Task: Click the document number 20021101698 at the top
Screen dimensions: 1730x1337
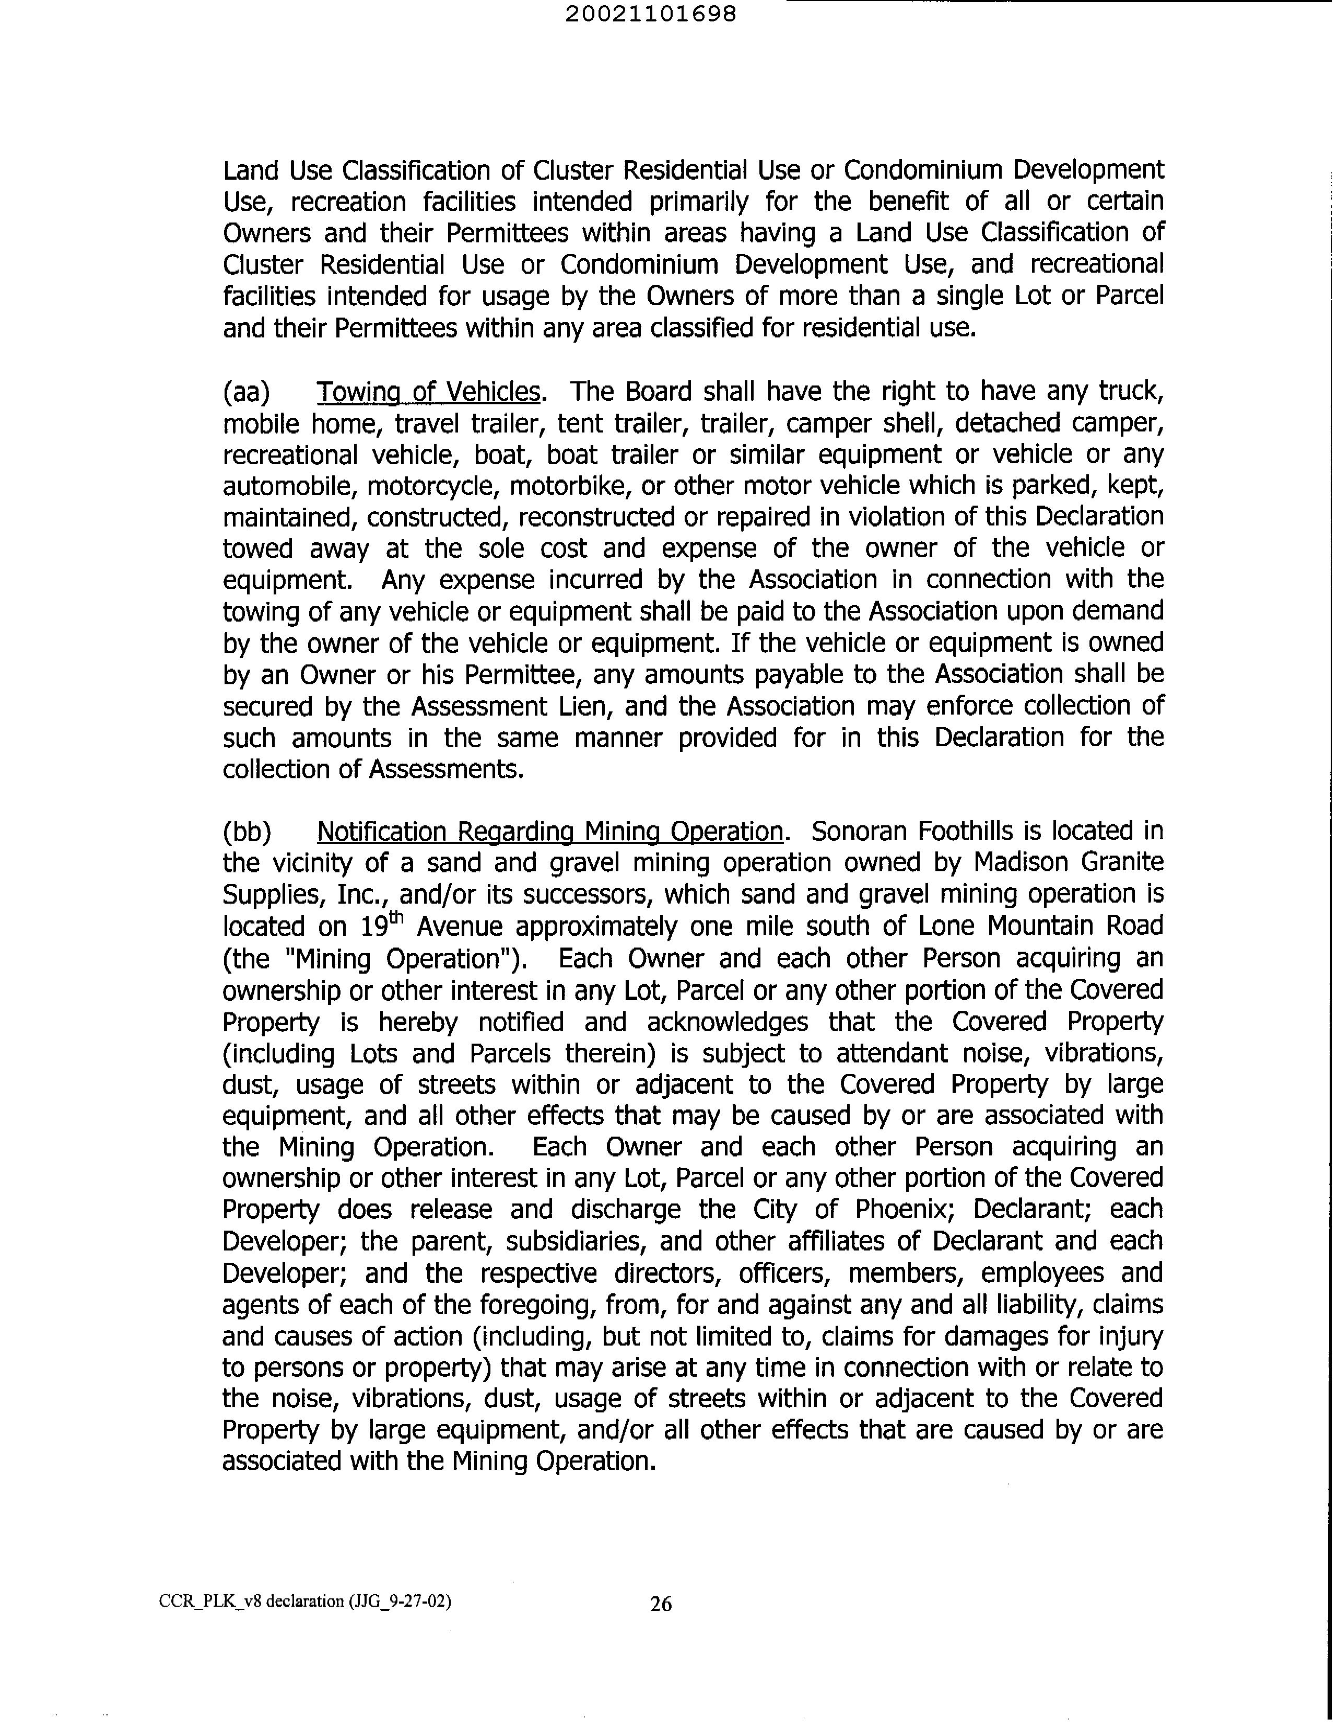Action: (651, 14)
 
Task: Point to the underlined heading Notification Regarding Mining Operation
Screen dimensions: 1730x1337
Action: (550, 831)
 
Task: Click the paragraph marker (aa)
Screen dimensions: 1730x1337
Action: (247, 392)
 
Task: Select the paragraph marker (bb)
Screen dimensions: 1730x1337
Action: (247, 832)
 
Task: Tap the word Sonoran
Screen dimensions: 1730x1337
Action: (859, 831)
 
